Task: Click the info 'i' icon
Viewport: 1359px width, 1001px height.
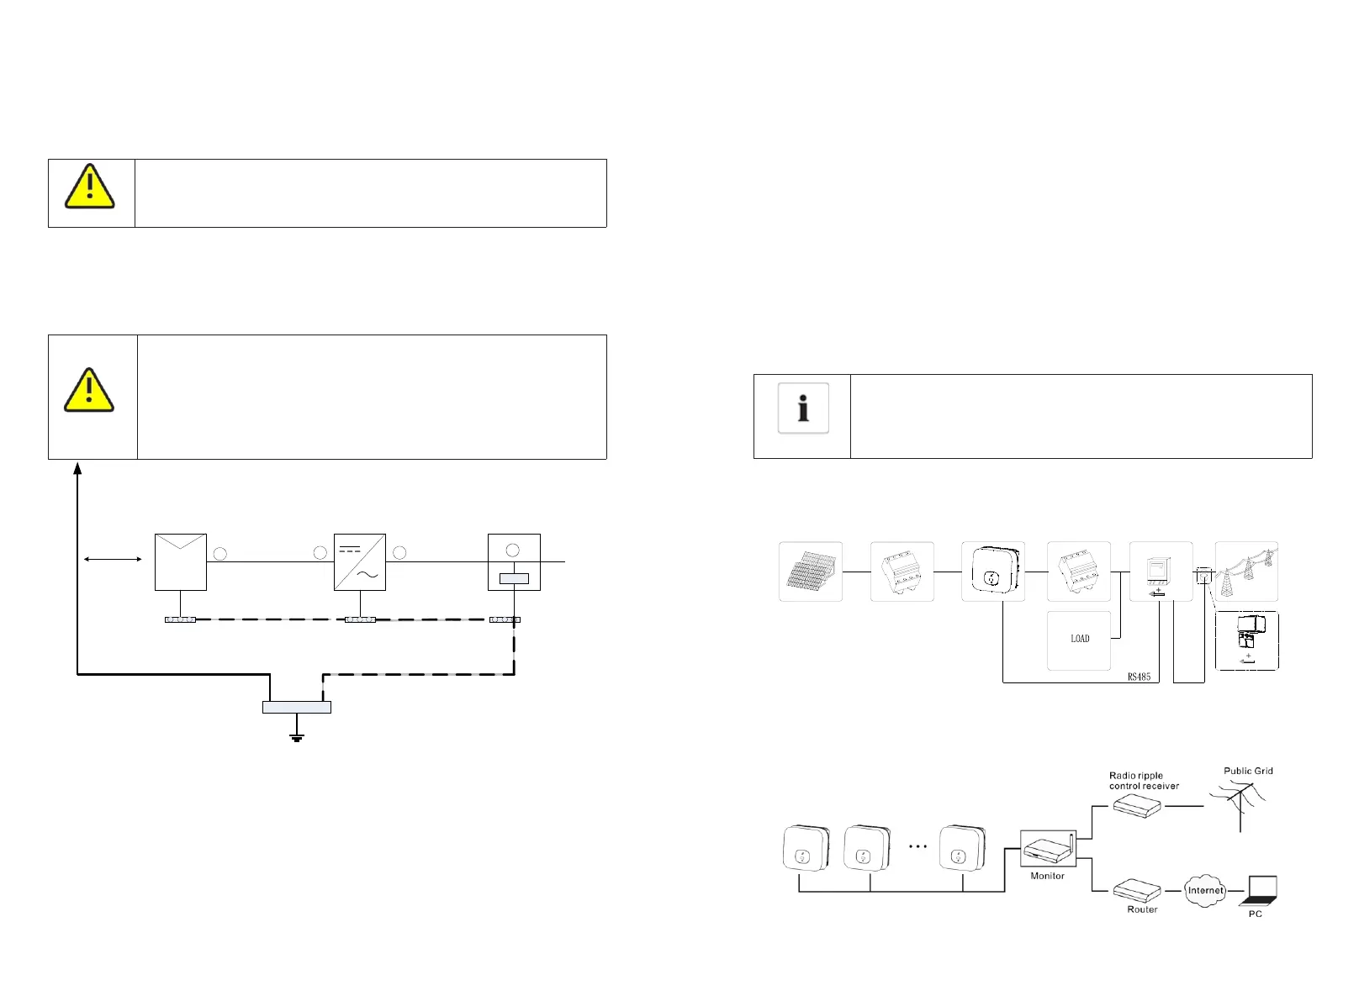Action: tap(803, 408)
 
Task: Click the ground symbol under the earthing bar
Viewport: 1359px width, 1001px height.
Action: tap(297, 737)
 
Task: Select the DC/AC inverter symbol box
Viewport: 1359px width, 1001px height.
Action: tap(360, 562)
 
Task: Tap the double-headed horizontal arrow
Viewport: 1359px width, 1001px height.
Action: tap(113, 559)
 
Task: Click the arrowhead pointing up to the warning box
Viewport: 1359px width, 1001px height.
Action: tap(77, 468)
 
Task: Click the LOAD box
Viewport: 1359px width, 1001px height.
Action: tap(1079, 640)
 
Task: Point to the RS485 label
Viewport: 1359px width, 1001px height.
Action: tap(1139, 677)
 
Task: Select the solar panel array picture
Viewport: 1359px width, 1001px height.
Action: tap(811, 572)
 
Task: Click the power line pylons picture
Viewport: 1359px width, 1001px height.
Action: tap(1246, 572)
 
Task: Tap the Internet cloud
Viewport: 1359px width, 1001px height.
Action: tap(1205, 891)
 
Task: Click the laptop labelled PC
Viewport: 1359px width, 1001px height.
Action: tap(1260, 891)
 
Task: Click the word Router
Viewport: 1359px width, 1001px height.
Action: tap(1142, 909)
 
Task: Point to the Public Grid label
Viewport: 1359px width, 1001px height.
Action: tap(1248, 771)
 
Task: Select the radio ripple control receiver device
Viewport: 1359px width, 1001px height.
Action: tap(1137, 806)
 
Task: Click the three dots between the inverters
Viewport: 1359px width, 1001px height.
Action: tap(917, 846)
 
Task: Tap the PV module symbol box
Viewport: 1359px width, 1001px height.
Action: tap(181, 562)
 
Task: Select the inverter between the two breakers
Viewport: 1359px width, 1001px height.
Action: tap(993, 572)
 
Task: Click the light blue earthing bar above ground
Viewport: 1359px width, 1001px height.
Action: tap(297, 708)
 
